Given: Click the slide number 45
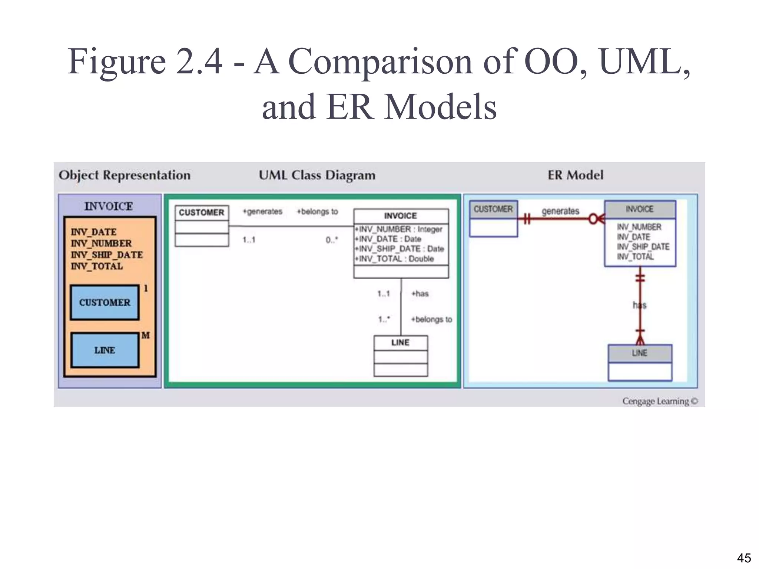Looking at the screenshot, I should (x=744, y=558).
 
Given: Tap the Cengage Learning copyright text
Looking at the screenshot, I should (x=660, y=401).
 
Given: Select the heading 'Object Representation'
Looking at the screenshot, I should (x=125, y=175).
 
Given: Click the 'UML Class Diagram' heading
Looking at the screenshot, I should (x=317, y=175).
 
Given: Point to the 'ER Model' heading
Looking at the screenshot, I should (x=575, y=175).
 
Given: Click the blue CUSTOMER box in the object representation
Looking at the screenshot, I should (x=105, y=302).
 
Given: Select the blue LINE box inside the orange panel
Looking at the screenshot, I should (x=105, y=350).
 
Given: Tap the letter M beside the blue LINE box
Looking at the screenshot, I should (x=145, y=335).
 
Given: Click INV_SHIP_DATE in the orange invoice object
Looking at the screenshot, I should (x=107, y=255).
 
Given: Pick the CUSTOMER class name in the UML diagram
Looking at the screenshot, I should (x=201, y=213).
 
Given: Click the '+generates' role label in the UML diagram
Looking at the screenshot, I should (x=262, y=212).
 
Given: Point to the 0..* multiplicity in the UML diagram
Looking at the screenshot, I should (x=332, y=240).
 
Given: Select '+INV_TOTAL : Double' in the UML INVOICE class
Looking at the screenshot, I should (x=394, y=259).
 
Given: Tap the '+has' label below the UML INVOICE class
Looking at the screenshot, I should (x=420, y=294).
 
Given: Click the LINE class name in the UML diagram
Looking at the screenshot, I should (x=400, y=343).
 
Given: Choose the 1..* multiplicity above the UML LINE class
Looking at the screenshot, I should (x=384, y=319).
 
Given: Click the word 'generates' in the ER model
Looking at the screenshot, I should (x=560, y=211).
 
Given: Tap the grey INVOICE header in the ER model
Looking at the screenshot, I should (x=640, y=209).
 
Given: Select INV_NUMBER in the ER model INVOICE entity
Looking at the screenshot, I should (x=639, y=227).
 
